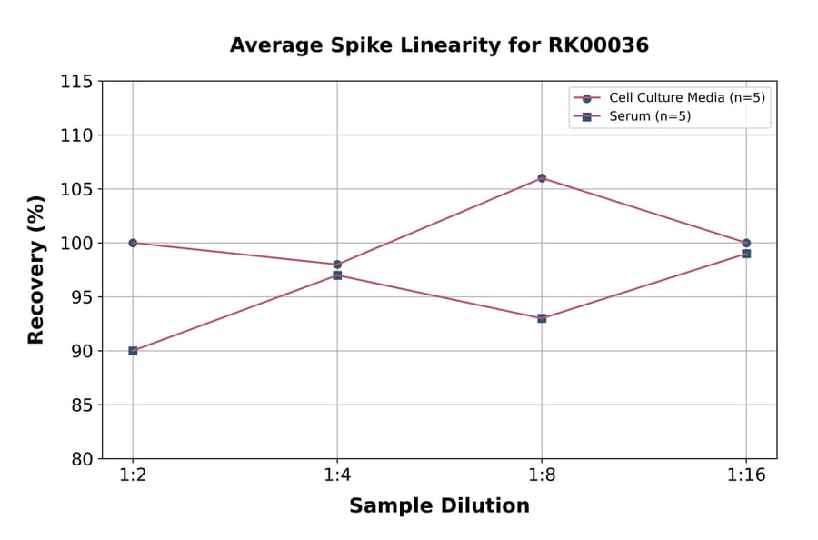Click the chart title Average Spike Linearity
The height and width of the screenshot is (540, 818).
(439, 45)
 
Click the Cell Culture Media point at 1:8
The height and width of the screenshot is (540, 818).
(542, 178)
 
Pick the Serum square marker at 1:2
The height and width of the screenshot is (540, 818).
(133, 351)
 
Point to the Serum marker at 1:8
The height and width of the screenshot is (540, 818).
(542, 318)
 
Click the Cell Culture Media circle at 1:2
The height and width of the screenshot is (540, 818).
(133, 243)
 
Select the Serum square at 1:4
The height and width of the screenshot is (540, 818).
(337, 275)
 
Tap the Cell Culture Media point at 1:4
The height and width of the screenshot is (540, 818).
(337, 265)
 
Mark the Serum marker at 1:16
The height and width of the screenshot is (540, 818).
(746, 254)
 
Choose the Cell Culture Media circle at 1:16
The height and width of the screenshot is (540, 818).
(746, 243)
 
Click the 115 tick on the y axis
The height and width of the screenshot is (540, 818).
(76, 82)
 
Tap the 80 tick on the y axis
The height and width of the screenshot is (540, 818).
(82, 459)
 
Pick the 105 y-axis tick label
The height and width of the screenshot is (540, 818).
(76, 189)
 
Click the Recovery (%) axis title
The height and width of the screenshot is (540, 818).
(36, 270)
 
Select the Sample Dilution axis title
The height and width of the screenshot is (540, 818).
(439, 506)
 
